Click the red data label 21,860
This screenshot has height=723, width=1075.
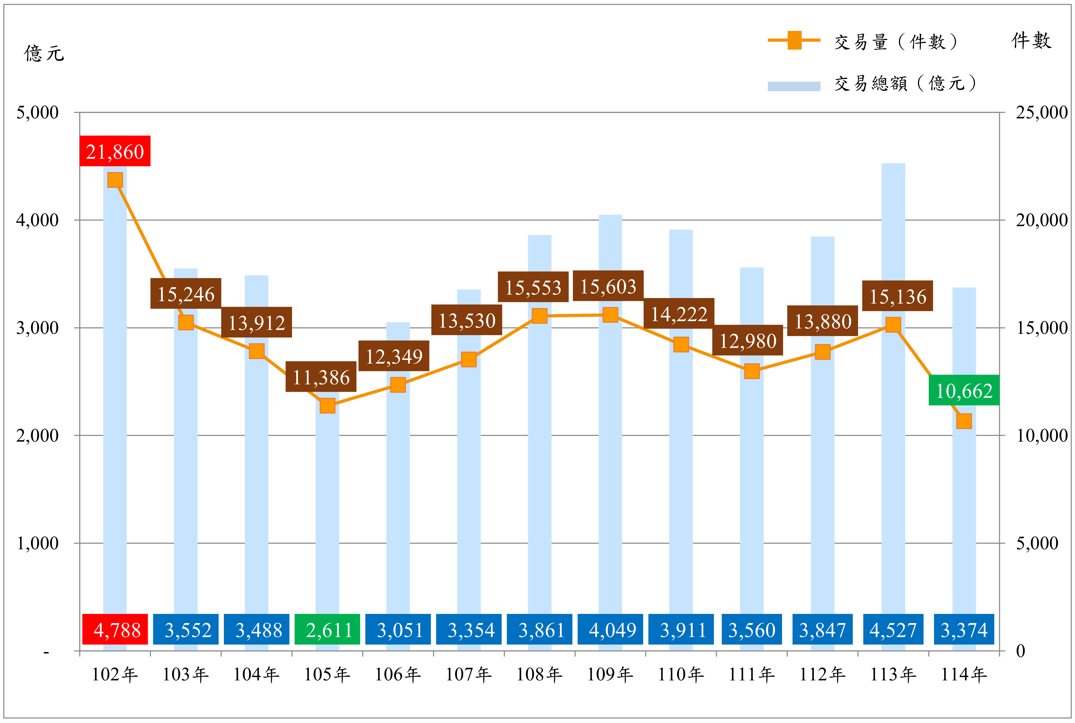pyautogui.click(x=115, y=151)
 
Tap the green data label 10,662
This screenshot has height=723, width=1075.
pyautogui.click(x=964, y=390)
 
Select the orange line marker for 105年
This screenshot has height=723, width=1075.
pyautogui.click(x=327, y=406)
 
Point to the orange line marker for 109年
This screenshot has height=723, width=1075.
pyautogui.click(x=610, y=315)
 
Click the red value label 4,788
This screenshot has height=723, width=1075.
pyautogui.click(x=115, y=629)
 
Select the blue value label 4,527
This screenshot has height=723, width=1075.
pyautogui.click(x=893, y=629)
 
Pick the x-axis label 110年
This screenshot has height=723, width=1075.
pyautogui.click(x=681, y=675)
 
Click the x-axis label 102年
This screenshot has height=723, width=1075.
pyautogui.click(x=115, y=675)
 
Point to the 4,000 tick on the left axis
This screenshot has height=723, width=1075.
pyautogui.click(x=37, y=220)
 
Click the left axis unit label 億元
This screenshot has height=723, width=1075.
pyautogui.click(x=44, y=53)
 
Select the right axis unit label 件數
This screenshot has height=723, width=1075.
pyautogui.click(x=1032, y=41)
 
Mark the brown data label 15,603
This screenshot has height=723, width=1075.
pyautogui.click(x=608, y=286)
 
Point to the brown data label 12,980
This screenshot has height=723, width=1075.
pyautogui.click(x=748, y=340)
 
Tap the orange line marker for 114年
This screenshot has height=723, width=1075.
pyautogui.click(x=964, y=421)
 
